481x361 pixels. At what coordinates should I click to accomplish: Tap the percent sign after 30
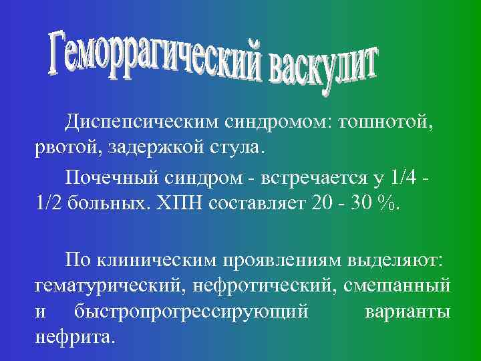point(385,202)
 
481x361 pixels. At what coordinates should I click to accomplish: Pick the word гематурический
point(108,286)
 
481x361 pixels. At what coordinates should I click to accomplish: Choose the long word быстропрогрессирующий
point(190,311)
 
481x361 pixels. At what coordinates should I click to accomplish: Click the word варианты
point(408,311)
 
